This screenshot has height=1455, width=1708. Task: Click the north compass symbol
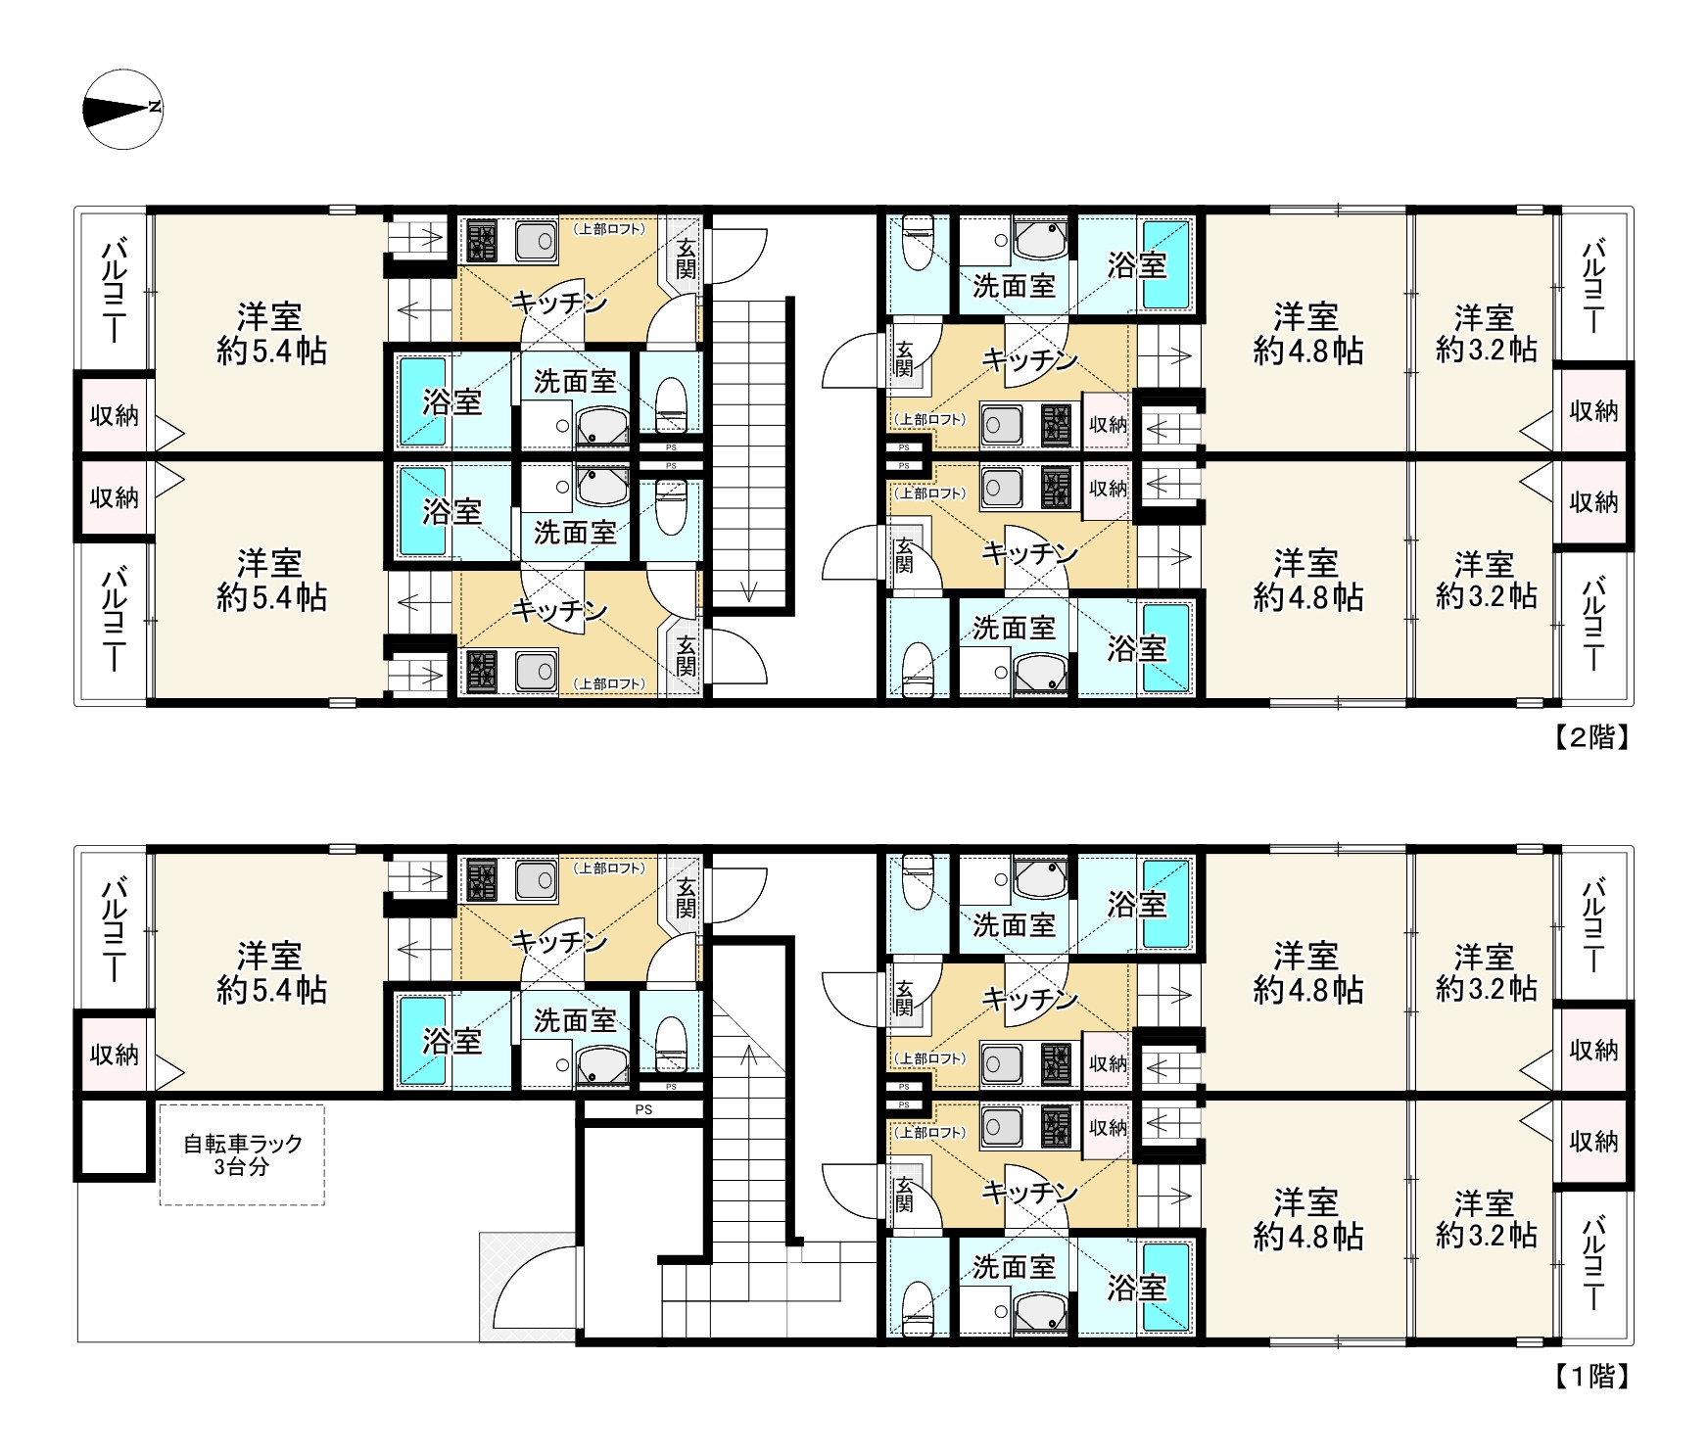[x=123, y=109]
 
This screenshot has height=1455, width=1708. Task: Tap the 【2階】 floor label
[x=1592, y=737]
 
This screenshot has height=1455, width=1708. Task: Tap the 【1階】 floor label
[x=1592, y=1377]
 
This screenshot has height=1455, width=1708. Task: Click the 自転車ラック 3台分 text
[x=243, y=1154]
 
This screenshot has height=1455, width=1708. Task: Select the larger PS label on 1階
[x=643, y=1109]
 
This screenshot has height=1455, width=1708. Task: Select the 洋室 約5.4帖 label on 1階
[x=271, y=972]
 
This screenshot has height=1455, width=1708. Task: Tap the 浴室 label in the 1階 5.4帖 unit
[x=452, y=1041]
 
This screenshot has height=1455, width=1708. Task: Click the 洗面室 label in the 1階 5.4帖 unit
[x=575, y=1020]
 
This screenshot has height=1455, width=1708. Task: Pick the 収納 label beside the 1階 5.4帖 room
[x=115, y=1054]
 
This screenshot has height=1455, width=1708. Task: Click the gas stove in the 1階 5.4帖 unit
[x=482, y=878]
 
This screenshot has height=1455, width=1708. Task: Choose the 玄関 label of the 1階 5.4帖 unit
[x=686, y=898]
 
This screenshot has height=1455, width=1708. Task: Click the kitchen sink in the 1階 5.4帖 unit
[x=536, y=878]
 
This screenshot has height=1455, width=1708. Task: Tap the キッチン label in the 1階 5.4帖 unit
[x=560, y=941]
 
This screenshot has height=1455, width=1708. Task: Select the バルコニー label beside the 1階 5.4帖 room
[x=115, y=926]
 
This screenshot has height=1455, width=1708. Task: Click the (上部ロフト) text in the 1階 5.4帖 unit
[x=609, y=868]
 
